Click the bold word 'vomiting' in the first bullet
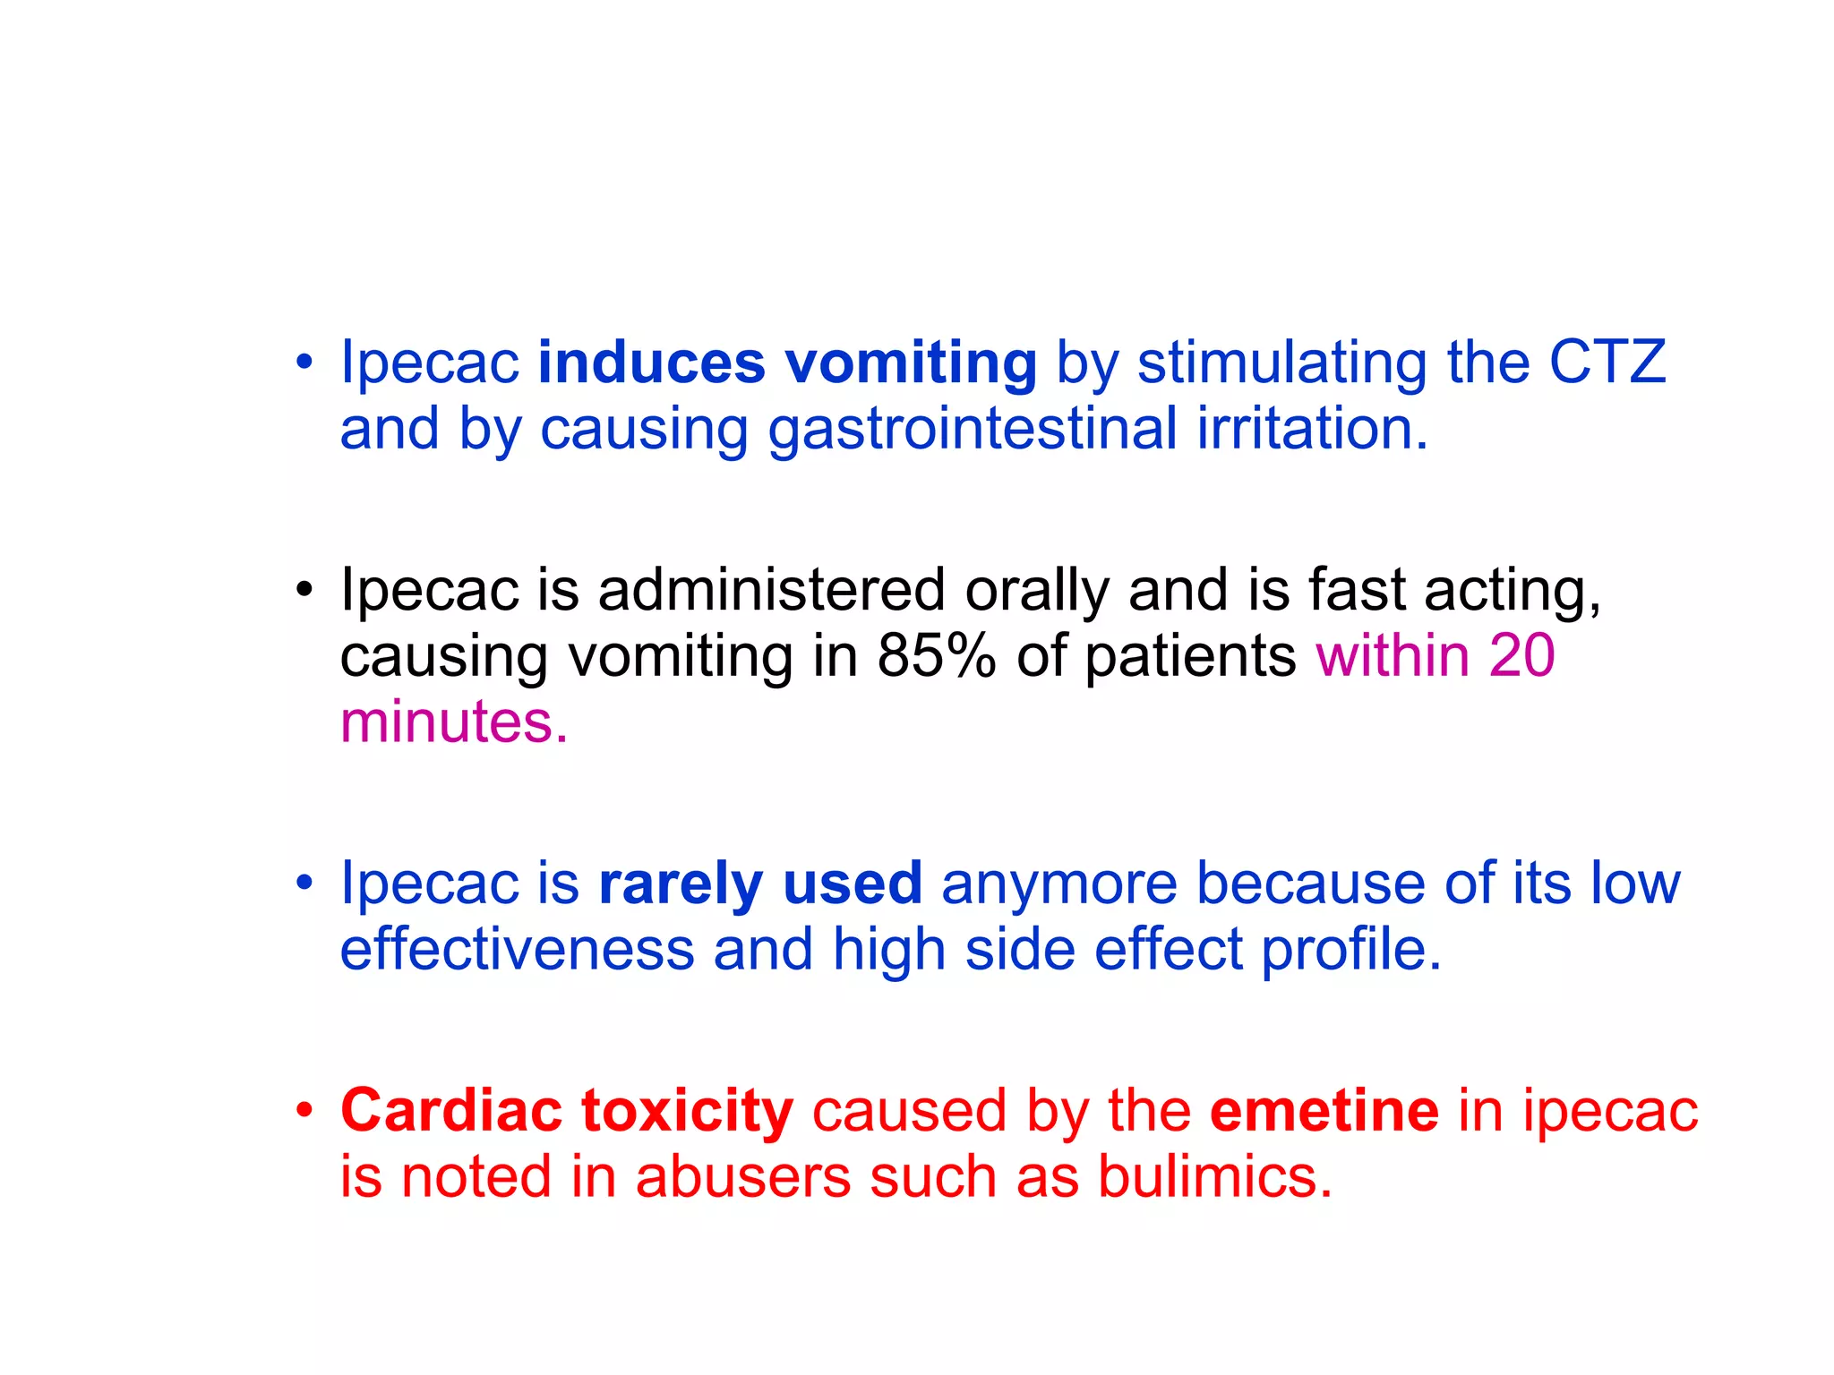[x=911, y=363]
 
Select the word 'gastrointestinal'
[x=973, y=429]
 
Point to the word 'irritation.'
[x=1312, y=429]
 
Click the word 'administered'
[x=771, y=591]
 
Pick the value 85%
[x=936, y=656]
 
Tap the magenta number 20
[x=1521, y=656]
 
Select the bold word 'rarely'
[x=681, y=884]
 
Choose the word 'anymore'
[x=1059, y=884]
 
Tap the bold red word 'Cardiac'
[x=450, y=1111]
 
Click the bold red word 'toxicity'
[x=687, y=1111]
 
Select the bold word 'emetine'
[x=1324, y=1111]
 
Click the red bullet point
[x=304, y=1111]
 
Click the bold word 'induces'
[x=651, y=363]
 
